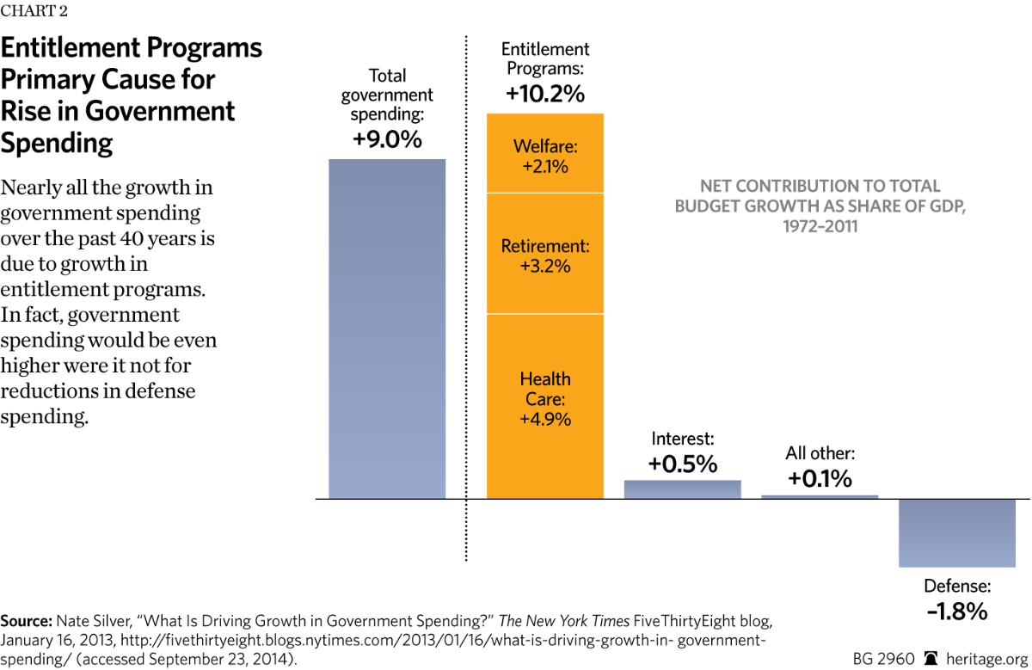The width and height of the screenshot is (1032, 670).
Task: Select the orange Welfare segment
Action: (545, 154)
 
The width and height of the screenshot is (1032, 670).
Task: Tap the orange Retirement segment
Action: (545, 255)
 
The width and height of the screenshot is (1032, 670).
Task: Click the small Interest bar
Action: (682, 489)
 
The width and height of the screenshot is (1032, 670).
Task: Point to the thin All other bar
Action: (820, 496)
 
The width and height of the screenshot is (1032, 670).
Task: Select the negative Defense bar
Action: (957, 532)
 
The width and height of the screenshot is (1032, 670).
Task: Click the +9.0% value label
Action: (387, 140)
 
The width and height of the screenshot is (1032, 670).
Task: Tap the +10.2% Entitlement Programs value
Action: (545, 94)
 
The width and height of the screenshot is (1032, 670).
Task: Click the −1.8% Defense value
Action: (957, 612)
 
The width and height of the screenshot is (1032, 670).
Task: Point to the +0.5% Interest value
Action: (682, 464)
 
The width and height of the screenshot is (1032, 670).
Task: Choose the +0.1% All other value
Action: (820, 478)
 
